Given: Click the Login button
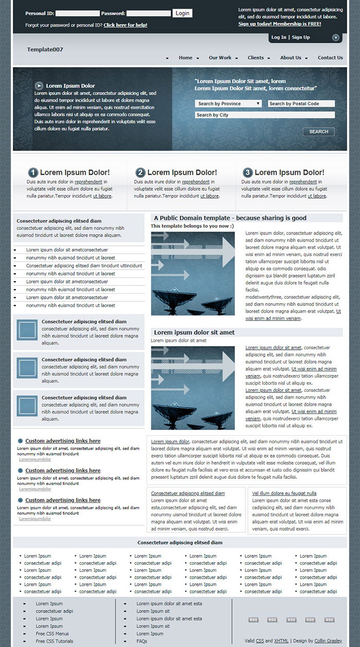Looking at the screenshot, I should point(183,13).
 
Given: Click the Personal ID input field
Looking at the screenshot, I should point(77,13).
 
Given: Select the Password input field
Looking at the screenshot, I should point(148,13).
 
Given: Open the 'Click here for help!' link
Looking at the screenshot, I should point(125,25).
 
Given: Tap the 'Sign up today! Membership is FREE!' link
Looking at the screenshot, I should point(279,24).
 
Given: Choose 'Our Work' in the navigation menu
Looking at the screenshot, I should point(220,58).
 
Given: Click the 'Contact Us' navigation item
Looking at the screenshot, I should point(330,58).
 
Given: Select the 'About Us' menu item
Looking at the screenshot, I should point(291,58).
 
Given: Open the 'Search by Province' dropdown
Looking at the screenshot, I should point(228,104).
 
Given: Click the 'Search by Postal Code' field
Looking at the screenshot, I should point(301,104).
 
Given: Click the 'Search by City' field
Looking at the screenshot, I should point(264,115).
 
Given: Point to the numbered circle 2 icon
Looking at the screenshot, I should point(140,173).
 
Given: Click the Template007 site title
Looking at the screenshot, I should point(45,49).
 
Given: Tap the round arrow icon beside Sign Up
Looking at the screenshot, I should point(336,38).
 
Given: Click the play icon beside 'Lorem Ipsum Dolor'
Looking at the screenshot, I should point(39,85).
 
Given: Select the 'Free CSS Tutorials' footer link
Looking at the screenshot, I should point(55,641).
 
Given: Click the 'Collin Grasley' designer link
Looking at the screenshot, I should point(328,641).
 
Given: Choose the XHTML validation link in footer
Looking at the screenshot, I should point(281,641).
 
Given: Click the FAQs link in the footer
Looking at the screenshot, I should point(142,641).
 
